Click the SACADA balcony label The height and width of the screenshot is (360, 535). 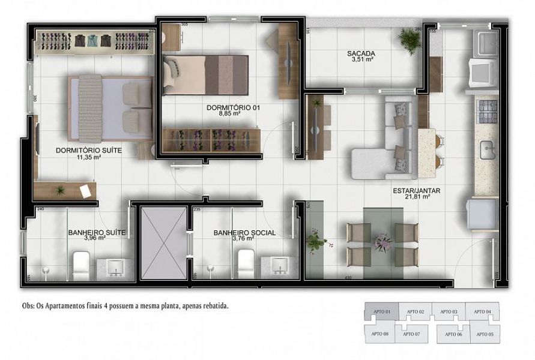[x=361, y=53]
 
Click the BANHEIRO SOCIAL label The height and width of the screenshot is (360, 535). [x=244, y=233]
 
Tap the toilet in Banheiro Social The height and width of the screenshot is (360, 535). [x=246, y=263]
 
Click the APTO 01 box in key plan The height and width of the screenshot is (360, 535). [x=382, y=312]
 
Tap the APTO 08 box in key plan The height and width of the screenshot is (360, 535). [x=379, y=334]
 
